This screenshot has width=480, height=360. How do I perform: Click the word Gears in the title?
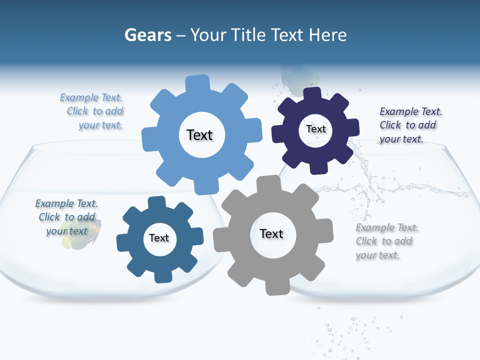tap(148, 35)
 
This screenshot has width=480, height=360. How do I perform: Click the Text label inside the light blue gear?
tap(199, 135)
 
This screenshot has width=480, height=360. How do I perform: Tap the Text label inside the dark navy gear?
tap(315, 129)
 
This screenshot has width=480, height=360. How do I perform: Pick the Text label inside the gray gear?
tap(271, 233)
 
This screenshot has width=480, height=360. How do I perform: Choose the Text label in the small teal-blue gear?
tap(159, 238)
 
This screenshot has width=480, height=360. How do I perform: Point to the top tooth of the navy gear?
tap(312, 94)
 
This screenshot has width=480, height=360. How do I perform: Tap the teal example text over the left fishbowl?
tap(67, 217)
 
